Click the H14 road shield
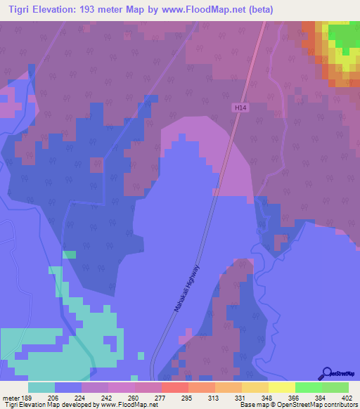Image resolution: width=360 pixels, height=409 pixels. (240, 107)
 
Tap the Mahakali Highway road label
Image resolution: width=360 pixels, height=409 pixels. (188, 289)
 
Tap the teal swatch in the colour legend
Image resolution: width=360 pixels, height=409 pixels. (41, 387)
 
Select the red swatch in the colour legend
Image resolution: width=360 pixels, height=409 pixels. (174, 387)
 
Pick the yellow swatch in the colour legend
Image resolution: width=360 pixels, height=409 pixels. (281, 387)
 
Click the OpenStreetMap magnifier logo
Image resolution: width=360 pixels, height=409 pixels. (326, 373)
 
